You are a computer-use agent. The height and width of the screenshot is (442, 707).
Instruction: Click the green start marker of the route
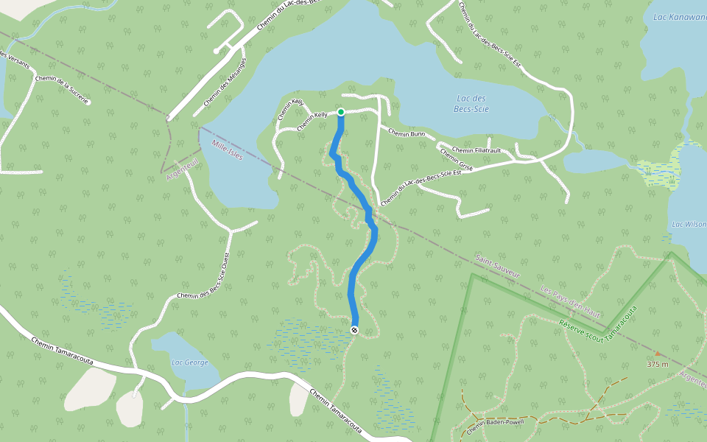341,112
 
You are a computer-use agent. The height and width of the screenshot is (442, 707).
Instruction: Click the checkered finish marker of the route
355,330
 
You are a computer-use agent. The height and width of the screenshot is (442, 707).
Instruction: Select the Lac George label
189,362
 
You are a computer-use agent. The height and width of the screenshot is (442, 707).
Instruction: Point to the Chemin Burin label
407,133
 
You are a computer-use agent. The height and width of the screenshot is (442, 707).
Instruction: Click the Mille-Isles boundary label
227,150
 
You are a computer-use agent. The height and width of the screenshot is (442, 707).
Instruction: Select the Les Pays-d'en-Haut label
571,300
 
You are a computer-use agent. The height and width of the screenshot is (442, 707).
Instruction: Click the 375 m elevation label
658,364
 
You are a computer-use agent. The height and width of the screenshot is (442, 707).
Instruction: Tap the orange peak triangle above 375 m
658,354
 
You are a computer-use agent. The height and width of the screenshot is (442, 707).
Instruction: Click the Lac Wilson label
689,224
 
